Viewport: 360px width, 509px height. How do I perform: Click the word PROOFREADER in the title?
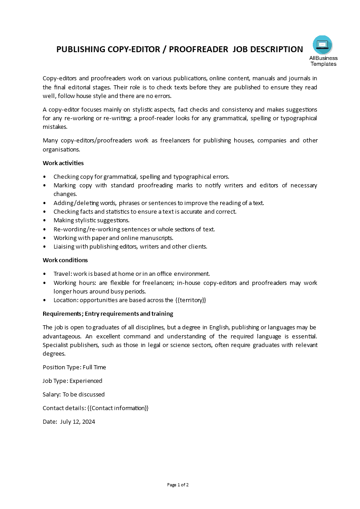(198, 49)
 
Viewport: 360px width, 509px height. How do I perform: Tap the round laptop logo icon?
(322, 45)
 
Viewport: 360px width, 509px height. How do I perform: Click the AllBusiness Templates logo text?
(323, 61)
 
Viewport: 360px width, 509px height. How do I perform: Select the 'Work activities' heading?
(63, 163)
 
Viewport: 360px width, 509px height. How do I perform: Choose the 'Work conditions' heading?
(65, 260)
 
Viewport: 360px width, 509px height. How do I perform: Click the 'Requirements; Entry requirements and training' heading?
(108, 313)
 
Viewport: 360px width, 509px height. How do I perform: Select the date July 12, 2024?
(77, 421)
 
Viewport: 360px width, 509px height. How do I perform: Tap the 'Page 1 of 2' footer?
(178, 485)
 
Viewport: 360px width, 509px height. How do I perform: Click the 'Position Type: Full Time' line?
(74, 367)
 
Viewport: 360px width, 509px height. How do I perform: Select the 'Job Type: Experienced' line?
(73, 381)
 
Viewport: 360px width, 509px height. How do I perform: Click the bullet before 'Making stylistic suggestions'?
(44, 220)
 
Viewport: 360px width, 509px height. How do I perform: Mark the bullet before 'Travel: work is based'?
(44, 274)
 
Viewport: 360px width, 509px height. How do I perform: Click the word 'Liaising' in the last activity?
(64, 246)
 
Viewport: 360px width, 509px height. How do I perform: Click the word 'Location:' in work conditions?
(66, 300)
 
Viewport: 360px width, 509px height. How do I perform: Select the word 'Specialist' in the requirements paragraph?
(56, 345)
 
